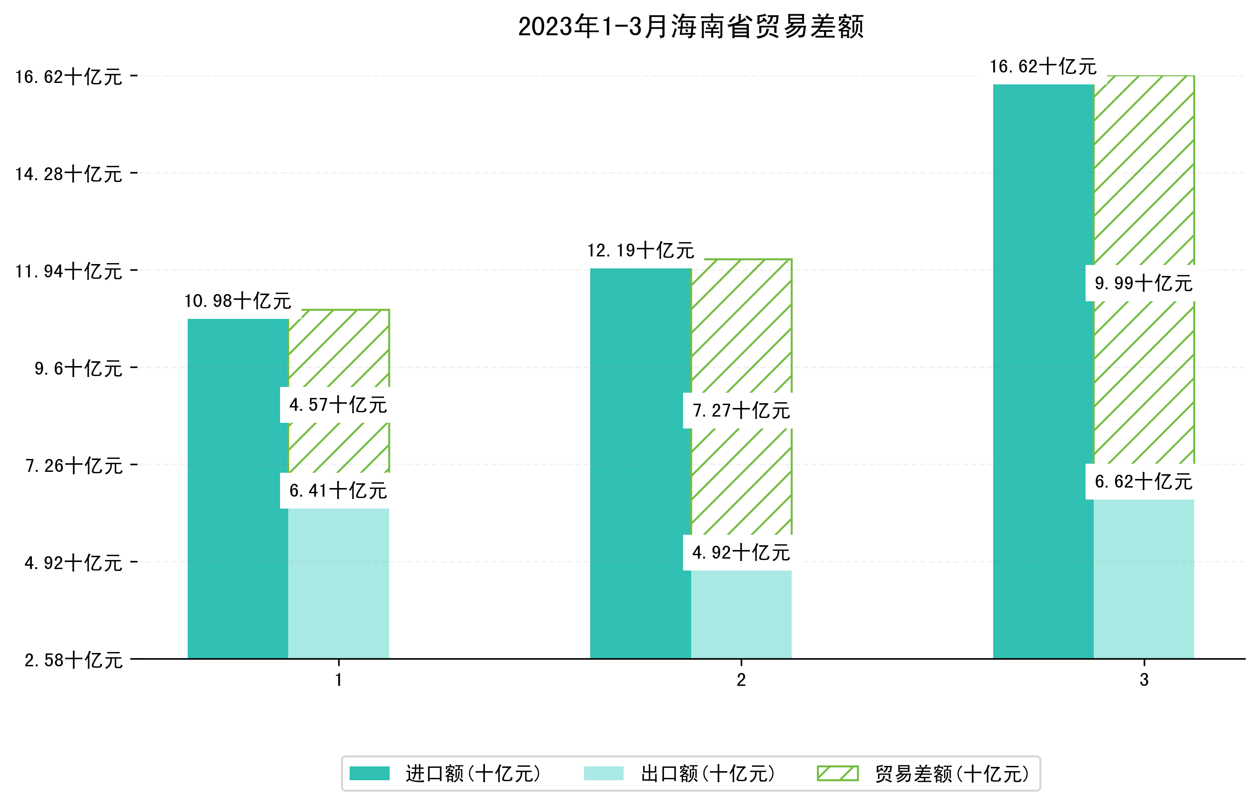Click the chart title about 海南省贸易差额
(x=690, y=26)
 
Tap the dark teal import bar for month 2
(x=641, y=463)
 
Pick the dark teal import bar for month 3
(x=1043, y=371)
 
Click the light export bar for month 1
(x=338, y=583)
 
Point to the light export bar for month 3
(x=1143, y=579)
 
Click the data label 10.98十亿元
(x=238, y=301)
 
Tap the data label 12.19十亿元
(x=641, y=251)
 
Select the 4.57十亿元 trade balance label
(x=338, y=405)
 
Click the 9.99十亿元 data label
(x=1143, y=284)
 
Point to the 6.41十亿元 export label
(x=338, y=490)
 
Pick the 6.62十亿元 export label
(x=1143, y=482)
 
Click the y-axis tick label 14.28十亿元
(x=69, y=173)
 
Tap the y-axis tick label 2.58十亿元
(x=73, y=660)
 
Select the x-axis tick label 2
(x=741, y=680)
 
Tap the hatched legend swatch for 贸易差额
(x=837, y=774)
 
